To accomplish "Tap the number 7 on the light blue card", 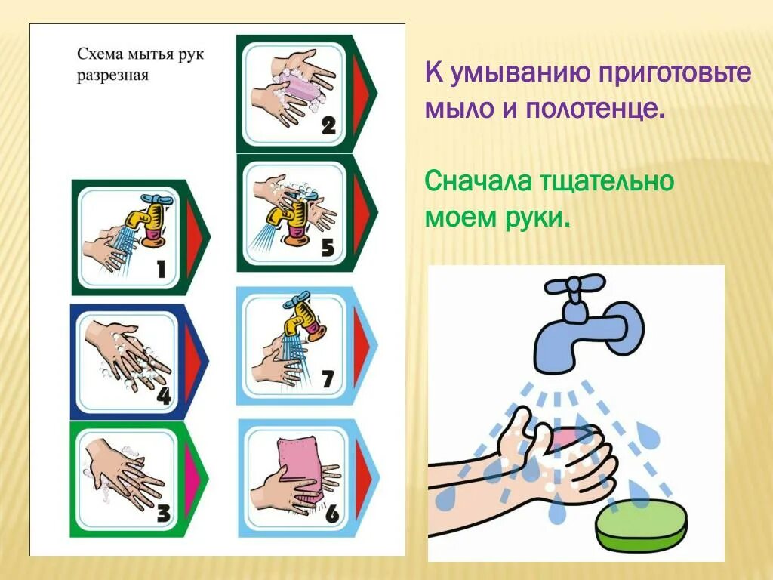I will (327, 377).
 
